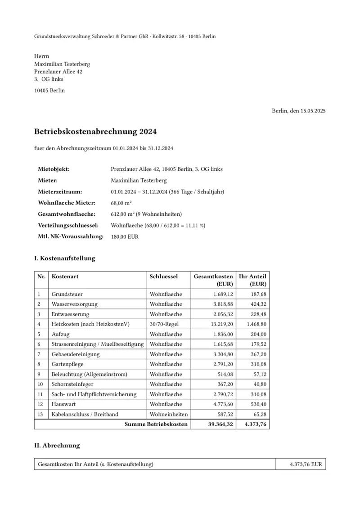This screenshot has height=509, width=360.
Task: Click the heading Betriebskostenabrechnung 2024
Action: pyautogui.click(x=95, y=132)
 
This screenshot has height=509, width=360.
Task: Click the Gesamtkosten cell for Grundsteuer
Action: pyautogui.click(x=222, y=294)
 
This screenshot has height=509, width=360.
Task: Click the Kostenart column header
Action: pyautogui.click(x=65, y=276)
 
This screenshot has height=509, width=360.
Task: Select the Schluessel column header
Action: pyautogui.click(x=163, y=276)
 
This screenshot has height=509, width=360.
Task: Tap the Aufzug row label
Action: pyautogui.click(x=60, y=334)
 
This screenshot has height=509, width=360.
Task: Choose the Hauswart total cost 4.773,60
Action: pyautogui.click(x=222, y=404)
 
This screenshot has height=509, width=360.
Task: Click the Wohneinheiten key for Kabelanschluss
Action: pyautogui.click(x=169, y=414)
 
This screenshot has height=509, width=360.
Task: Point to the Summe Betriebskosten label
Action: pyautogui.click(x=156, y=424)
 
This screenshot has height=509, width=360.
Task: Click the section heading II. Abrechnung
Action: pyautogui.click(x=57, y=446)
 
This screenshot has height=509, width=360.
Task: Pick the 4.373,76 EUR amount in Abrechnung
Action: pyautogui.click(x=306, y=464)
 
